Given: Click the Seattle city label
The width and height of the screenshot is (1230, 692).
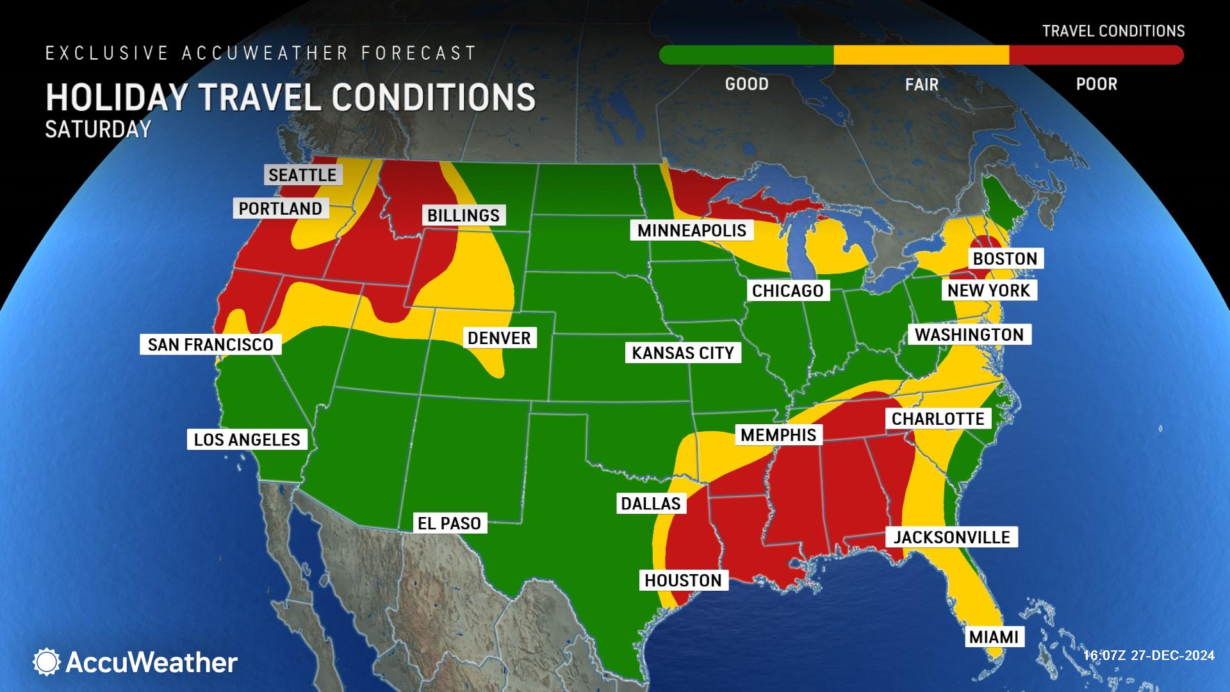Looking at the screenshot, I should [302, 175].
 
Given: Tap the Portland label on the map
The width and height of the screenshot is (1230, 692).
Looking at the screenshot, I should [280, 208].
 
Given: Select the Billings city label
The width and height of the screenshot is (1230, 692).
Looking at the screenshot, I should [463, 215].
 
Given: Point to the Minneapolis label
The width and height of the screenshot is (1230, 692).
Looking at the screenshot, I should [692, 231].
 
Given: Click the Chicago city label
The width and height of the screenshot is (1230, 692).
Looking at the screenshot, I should [787, 291].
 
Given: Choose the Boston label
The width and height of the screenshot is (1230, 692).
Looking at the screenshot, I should [1004, 259].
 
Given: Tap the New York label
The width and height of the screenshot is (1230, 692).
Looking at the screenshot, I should [988, 290].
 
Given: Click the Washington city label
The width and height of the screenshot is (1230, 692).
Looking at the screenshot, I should [969, 334].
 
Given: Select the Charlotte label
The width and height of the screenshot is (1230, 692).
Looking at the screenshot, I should [938, 419].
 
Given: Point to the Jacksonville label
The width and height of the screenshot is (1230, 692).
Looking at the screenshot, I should [951, 537].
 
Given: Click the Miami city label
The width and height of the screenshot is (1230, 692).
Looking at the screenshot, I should [994, 637].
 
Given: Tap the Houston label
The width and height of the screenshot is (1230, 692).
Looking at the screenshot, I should [683, 581].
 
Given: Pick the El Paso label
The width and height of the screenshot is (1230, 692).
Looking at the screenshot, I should [449, 523].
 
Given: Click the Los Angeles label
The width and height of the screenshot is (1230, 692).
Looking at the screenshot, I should [247, 440].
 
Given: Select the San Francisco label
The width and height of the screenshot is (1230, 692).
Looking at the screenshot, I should [210, 345].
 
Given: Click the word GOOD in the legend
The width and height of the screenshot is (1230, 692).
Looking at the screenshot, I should [746, 84].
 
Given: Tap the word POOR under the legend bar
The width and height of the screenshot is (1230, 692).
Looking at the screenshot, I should [1096, 84].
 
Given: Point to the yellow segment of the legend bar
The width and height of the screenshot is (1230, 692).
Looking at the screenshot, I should [921, 55].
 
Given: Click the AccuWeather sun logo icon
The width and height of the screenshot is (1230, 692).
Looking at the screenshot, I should [47, 662].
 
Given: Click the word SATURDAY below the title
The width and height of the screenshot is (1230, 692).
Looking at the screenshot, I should [97, 129].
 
